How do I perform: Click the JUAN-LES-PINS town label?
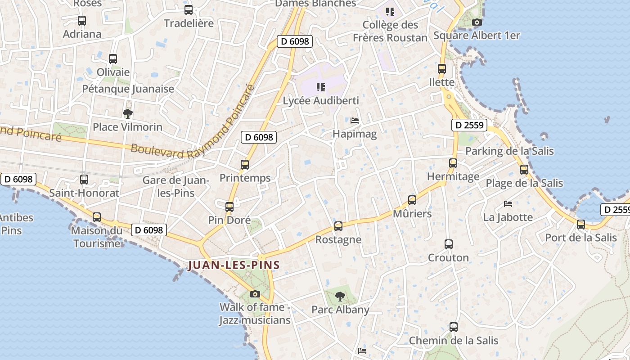234,265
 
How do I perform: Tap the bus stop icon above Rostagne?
338,226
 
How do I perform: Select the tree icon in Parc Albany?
340,297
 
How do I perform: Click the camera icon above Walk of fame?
255,294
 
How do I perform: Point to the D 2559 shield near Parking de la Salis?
469,125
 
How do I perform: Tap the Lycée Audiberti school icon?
320,87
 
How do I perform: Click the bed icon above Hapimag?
355,121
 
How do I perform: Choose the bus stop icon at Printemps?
245,165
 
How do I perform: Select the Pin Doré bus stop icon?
229,207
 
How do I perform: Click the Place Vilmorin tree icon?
128,113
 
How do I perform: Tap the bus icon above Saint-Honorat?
84,180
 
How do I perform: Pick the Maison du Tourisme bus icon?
97,217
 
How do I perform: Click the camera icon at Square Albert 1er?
477,22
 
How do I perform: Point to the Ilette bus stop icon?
442,69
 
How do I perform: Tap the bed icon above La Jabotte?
508,204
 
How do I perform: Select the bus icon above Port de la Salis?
581,224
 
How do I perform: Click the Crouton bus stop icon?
449,244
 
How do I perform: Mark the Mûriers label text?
412,213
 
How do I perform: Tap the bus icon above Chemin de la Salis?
454,327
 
